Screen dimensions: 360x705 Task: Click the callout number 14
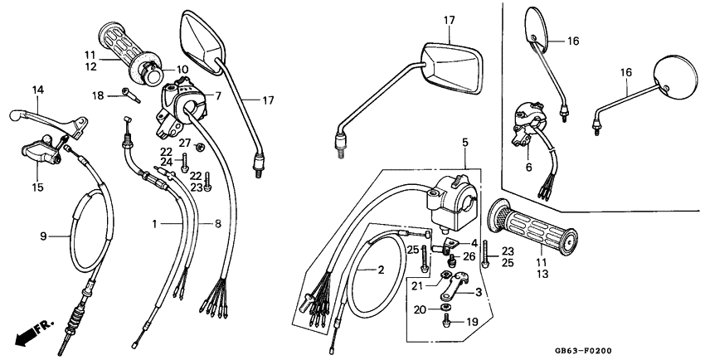[37, 90]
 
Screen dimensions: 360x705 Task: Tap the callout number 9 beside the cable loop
[45, 236]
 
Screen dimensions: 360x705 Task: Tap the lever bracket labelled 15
[41, 153]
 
